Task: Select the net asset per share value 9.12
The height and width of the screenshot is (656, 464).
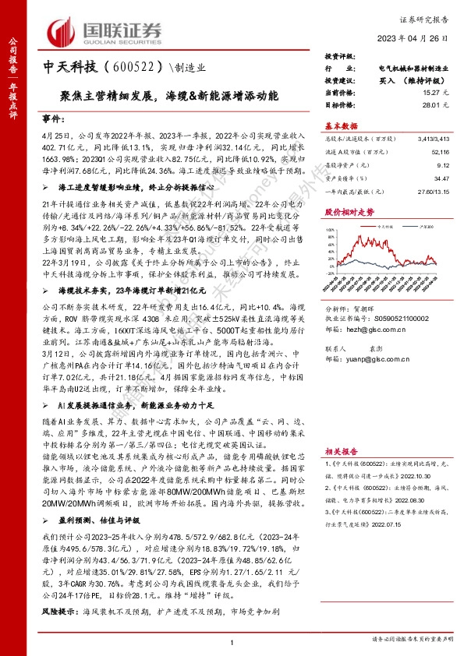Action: pos(444,165)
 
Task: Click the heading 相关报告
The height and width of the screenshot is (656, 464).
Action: pos(342,450)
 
